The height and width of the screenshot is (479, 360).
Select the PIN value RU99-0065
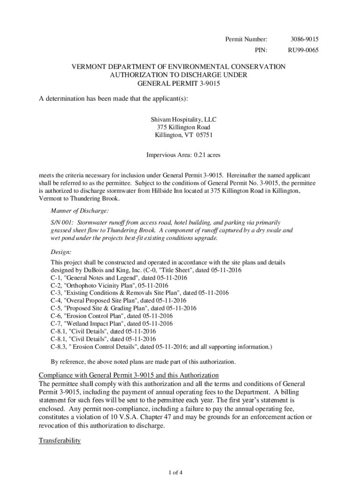point(303,50)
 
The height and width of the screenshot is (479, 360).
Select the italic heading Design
point(61,252)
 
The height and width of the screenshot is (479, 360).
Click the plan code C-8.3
point(58,347)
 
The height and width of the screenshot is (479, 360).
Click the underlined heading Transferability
point(60,441)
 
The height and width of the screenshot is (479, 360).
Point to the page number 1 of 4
point(180,472)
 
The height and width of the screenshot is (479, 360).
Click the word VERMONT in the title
point(89,67)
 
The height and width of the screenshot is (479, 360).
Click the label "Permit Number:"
point(246,39)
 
